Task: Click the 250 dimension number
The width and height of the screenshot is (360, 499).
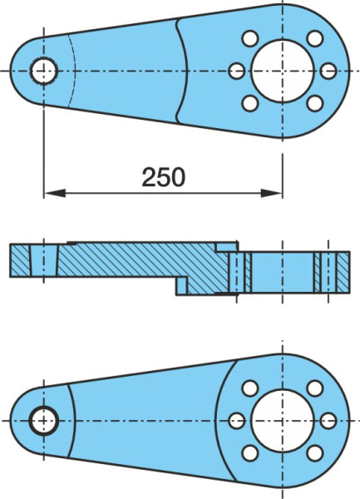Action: coord(163,176)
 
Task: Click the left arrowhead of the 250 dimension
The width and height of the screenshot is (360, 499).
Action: coord(55,193)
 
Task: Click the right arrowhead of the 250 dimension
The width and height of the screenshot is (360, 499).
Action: coord(271,193)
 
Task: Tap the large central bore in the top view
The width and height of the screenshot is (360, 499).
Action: coord(283,71)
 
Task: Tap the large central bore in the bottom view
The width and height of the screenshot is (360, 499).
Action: coord(283,421)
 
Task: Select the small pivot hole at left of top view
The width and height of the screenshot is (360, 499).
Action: coord(44,71)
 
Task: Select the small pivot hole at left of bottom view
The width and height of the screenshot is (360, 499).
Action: coord(43,421)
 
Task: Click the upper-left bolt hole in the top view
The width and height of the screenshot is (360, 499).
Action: coord(250,38)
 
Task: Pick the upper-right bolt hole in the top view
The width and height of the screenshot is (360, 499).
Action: coord(315,38)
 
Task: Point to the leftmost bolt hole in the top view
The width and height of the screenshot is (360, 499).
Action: coord(237,71)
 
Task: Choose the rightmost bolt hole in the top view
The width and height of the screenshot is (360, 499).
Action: coord(328,71)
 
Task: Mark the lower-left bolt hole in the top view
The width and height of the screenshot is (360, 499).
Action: coord(250,103)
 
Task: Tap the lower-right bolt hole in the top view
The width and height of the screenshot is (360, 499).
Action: coord(315,103)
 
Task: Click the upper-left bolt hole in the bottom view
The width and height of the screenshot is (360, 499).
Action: coord(250,388)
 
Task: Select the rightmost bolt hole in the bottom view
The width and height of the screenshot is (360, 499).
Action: coord(328,421)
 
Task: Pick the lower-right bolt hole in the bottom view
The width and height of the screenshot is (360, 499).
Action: coord(315,453)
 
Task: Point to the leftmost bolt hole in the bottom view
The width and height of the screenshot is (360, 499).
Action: coord(237,421)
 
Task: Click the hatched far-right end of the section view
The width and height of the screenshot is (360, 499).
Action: coord(343,272)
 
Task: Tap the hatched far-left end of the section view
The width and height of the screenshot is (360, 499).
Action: coord(21,260)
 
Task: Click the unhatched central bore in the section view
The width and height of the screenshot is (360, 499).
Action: coord(283,272)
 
